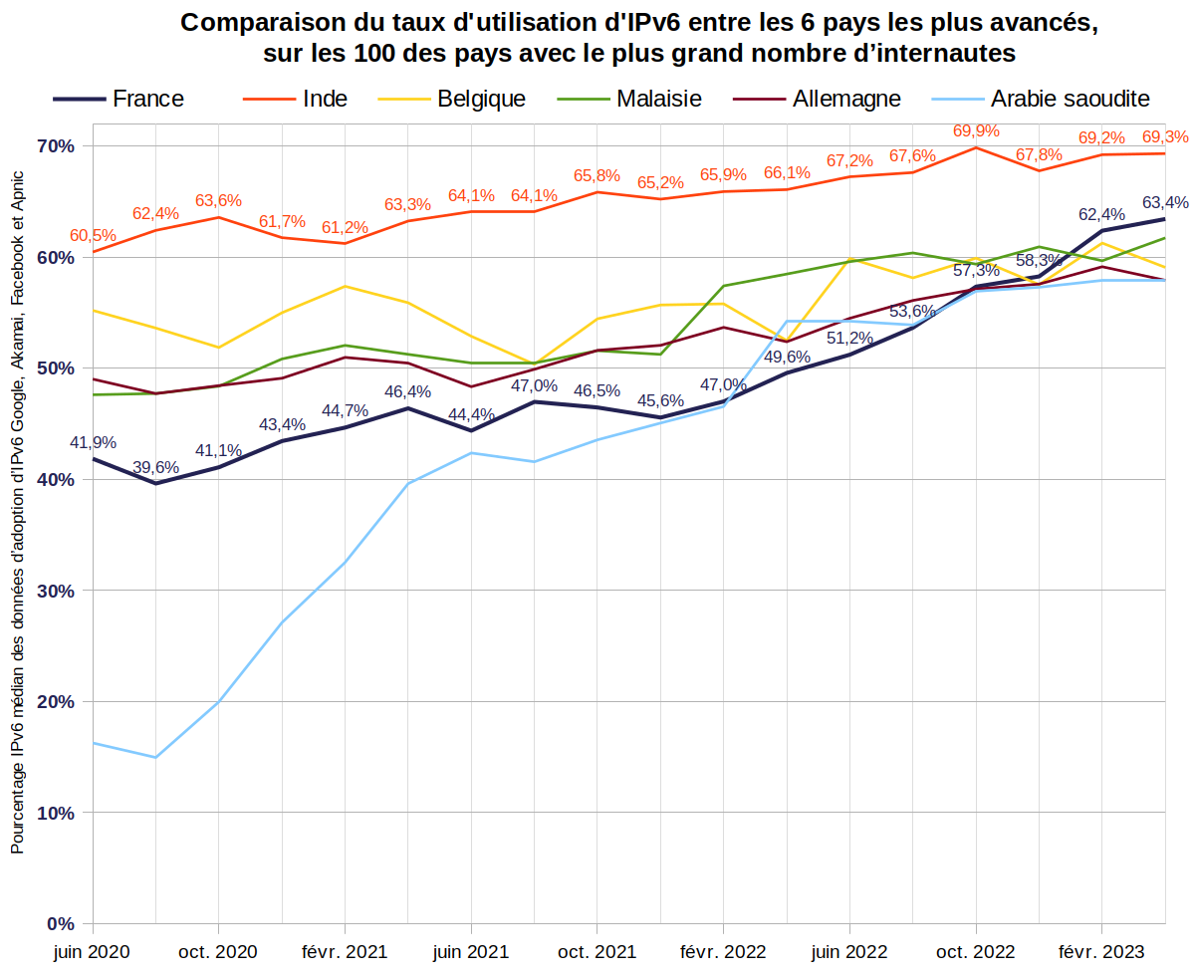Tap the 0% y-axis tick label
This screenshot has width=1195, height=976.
click(x=62, y=923)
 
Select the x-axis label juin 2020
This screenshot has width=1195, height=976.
click(x=92, y=952)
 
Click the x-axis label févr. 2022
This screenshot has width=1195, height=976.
click(x=722, y=952)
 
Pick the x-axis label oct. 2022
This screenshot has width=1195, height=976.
click(x=974, y=952)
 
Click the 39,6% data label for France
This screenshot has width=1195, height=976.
click(x=156, y=467)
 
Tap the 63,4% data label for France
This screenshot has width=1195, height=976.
click(x=1165, y=203)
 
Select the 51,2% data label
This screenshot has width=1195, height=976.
click(x=849, y=338)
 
